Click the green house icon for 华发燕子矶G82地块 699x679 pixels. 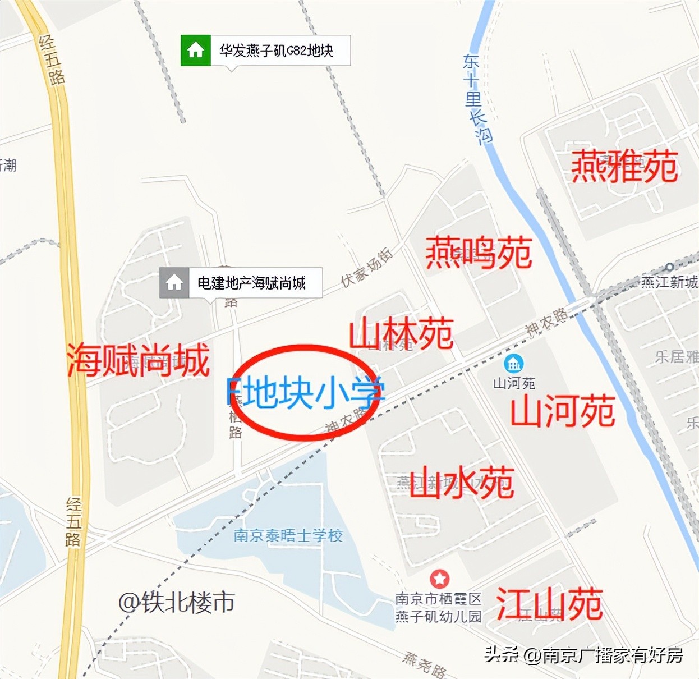[x=195, y=51]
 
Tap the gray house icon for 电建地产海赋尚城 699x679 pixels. [x=174, y=282]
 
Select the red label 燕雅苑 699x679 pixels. [x=624, y=167]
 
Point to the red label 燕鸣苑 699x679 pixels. [x=479, y=253]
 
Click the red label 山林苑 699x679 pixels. [x=401, y=334]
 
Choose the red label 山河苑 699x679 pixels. [x=563, y=411]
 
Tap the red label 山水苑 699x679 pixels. [x=461, y=482]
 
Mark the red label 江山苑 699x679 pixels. [x=549, y=604]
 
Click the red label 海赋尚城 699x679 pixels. [x=138, y=360]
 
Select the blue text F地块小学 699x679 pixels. [x=306, y=392]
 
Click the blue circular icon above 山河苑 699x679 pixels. [x=514, y=364]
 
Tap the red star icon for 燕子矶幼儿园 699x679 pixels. [x=439, y=579]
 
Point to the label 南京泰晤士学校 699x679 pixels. [x=288, y=535]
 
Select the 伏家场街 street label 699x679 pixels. [x=367, y=268]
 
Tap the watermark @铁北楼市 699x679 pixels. [x=176, y=603]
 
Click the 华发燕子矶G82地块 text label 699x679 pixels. [x=277, y=51]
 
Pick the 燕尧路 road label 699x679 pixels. [x=425, y=664]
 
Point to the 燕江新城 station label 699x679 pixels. [x=669, y=281]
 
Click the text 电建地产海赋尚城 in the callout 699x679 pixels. [x=251, y=283]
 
